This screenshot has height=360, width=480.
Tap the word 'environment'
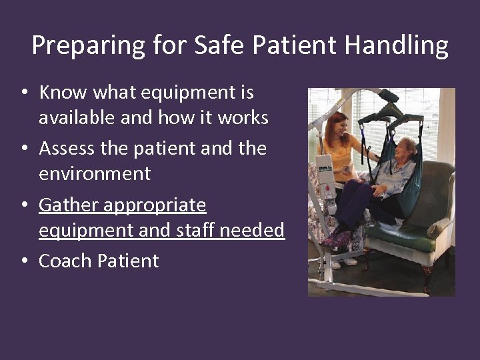95,174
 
